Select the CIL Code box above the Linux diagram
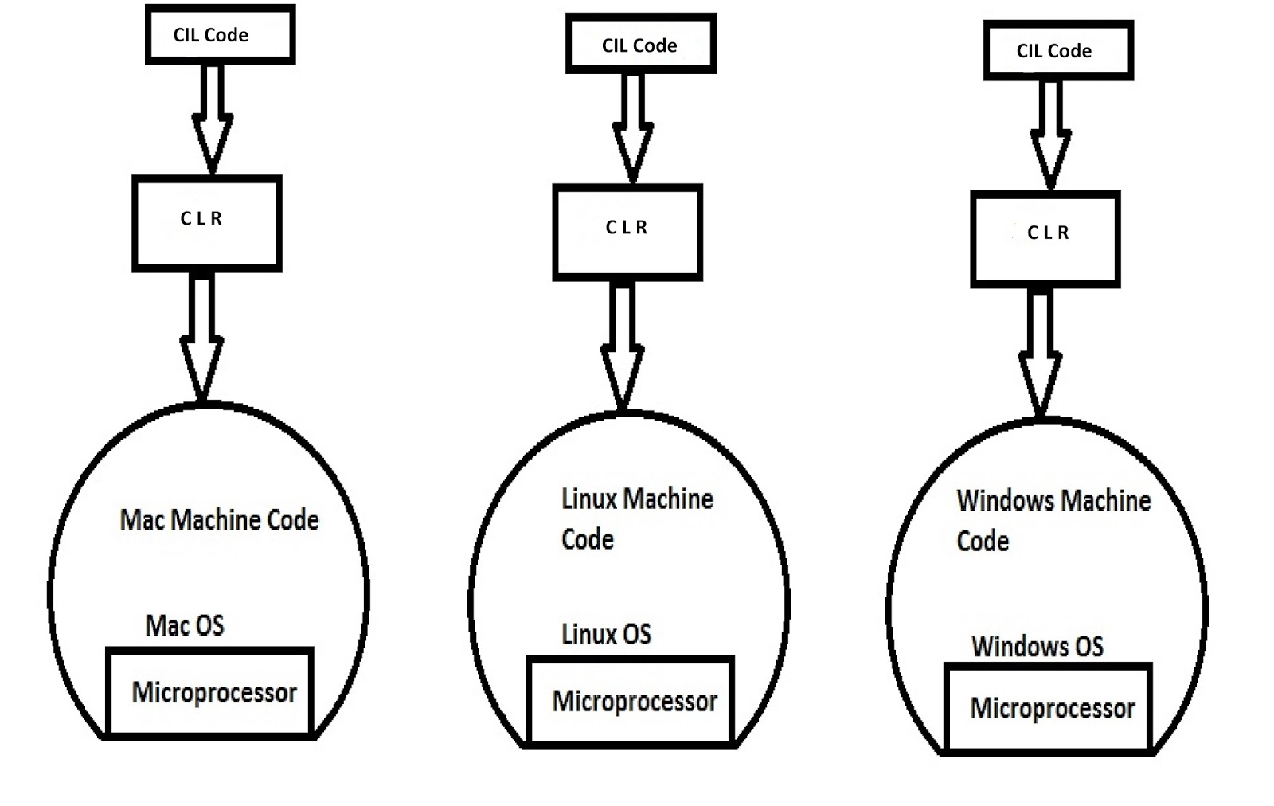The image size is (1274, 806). pyautogui.click(x=640, y=45)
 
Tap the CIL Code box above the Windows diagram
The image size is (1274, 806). pyautogui.click(x=1058, y=51)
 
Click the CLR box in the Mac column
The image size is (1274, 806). pyautogui.click(x=207, y=223)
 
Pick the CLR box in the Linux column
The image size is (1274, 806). pyautogui.click(x=627, y=232)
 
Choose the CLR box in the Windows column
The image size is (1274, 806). pyautogui.click(x=1045, y=239)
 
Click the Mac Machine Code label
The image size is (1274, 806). pyautogui.click(x=219, y=520)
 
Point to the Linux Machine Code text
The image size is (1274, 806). pyautogui.click(x=636, y=518)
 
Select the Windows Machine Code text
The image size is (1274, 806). pyautogui.click(x=1053, y=520)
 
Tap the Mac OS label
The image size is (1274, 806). pyautogui.click(x=185, y=625)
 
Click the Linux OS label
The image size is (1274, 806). pyautogui.click(x=606, y=634)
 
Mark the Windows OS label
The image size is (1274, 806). pyautogui.click(x=1037, y=646)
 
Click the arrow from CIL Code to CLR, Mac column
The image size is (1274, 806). pyautogui.click(x=212, y=119)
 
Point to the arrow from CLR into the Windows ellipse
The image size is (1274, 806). pyautogui.click(x=1040, y=354)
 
